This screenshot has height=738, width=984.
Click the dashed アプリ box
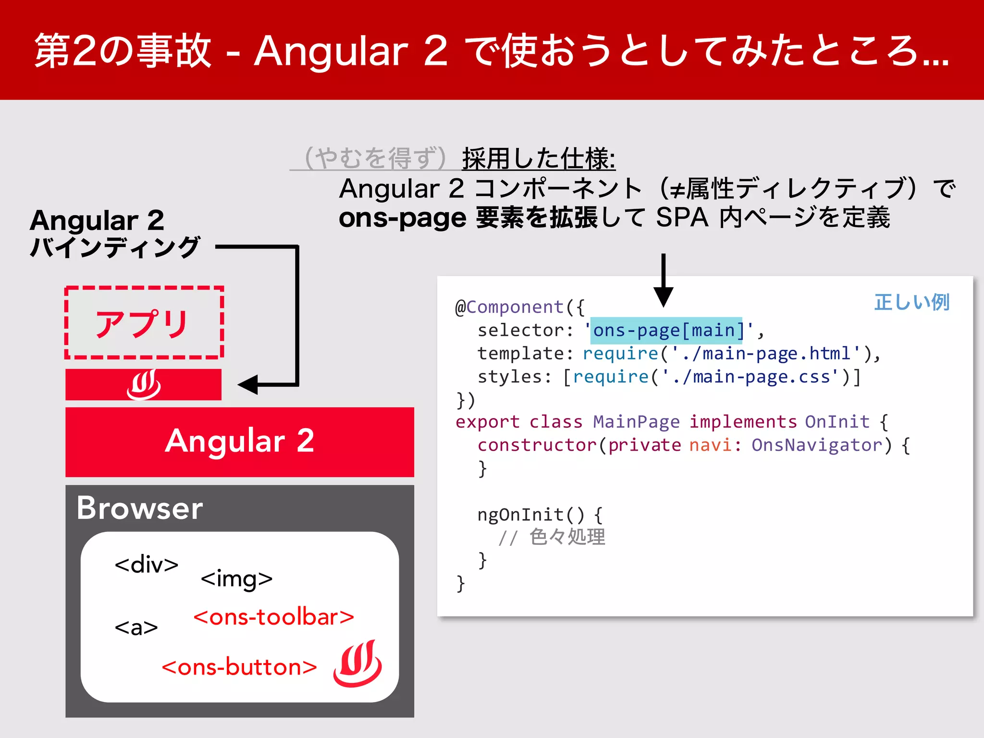click(144, 323)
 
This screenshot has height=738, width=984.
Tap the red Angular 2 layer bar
click(239, 441)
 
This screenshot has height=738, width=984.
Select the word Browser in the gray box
click(140, 508)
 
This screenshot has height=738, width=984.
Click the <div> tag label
click(147, 564)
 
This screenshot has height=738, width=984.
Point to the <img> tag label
click(236, 578)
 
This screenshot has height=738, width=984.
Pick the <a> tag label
click(136, 627)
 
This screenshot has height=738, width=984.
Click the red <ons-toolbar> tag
click(273, 617)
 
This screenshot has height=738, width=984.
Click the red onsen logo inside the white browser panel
click(357, 663)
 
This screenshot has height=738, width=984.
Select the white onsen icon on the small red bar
click(144, 384)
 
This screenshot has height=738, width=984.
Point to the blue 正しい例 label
click(911, 302)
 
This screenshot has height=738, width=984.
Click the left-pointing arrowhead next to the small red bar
click(249, 384)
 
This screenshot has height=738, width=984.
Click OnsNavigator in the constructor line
click(817, 445)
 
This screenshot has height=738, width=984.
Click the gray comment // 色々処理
click(552, 537)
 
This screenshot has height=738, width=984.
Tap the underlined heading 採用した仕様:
click(538, 159)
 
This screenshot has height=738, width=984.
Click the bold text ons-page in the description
click(402, 218)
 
